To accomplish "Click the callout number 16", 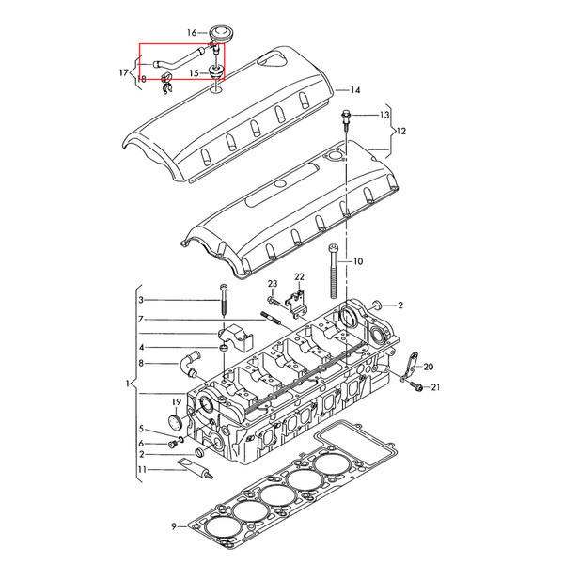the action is [192, 33].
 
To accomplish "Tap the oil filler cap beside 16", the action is [221, 34].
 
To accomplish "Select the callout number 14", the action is [355, 90].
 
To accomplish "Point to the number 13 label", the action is [384, 115].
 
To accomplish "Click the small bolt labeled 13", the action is [346, 120].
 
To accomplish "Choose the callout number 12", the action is [401, 132].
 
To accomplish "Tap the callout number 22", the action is [299, 276].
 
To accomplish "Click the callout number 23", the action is [273, 284].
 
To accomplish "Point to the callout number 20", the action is [428, 367].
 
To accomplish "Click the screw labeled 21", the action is [415, 387].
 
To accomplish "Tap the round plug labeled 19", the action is [176, 422].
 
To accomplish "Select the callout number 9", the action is [174, 526].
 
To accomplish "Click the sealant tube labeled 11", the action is [196, 468].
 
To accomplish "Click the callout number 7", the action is [141, 319].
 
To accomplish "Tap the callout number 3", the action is [141, 300].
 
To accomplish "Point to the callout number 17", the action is [124, 72].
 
